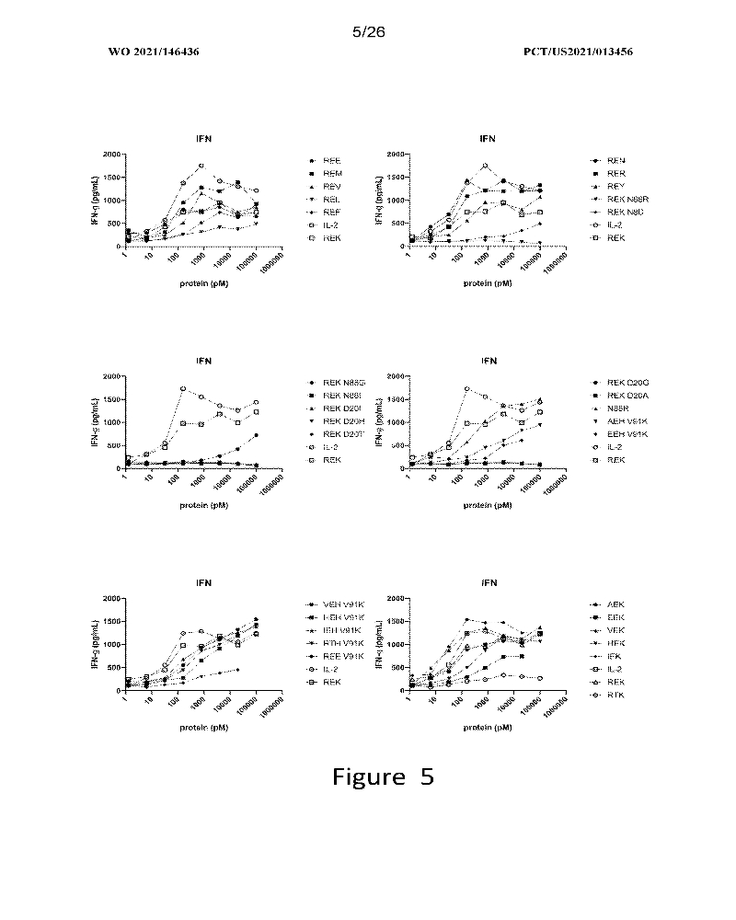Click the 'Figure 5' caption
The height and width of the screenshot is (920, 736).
(383, 777)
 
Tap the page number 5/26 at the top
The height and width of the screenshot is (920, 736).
(368, 31)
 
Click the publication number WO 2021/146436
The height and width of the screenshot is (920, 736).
(154, 52)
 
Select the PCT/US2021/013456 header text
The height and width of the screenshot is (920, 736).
(577, 52)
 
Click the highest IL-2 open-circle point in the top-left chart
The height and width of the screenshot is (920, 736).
(201, 166)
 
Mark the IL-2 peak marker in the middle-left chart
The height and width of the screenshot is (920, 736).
(183, 388)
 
